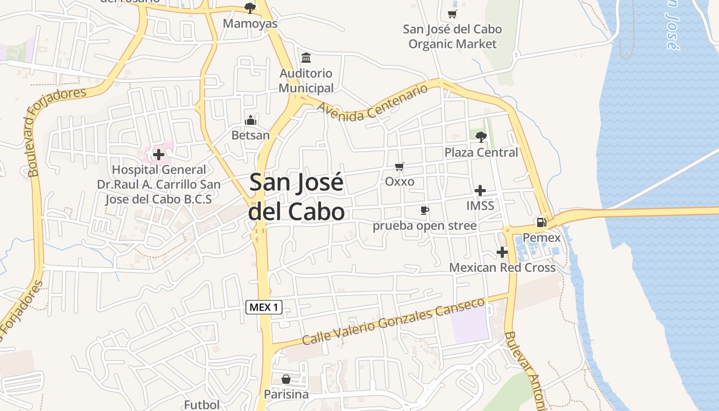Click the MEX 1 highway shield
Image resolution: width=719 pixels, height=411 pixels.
click(x=264, y=307)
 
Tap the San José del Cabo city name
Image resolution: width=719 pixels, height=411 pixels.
click(x=296, y=197)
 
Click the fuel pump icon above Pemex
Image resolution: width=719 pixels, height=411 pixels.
click(x=541, y=222)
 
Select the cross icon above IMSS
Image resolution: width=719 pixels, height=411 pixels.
click(x=480, y=191)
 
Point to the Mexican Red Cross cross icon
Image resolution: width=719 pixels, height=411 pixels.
click(x=502, y=252)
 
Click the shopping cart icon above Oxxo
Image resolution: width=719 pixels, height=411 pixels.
click(x=400, y=166)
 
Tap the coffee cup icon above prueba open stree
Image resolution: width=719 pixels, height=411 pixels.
click(x=424, y=210)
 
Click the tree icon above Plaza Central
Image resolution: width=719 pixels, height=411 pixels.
click(x=481, y=137)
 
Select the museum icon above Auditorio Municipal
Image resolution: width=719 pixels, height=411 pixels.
click(x=306, y=58)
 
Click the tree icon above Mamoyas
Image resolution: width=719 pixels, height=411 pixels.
click(x=250, y=8)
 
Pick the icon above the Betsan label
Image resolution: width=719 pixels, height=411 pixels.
click(x=251, y=120)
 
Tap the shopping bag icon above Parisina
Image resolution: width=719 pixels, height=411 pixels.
click(x=286, y=379)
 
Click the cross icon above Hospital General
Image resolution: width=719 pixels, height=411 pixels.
click(x=159, y=154)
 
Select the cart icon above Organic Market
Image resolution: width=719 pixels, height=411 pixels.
click(x=452, y=14)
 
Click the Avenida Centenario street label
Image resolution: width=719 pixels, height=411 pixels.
click(x=372, y=103)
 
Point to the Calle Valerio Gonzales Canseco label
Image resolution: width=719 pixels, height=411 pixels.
click(x=393, y=322)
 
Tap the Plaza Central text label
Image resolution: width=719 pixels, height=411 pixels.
click(x=481, y=153)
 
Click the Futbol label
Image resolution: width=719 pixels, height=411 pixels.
click(x=202, y=405)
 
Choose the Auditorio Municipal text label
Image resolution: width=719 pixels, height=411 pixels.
click(x=306, y=81)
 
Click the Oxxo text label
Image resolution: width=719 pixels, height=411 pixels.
click(x=400, y=181)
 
